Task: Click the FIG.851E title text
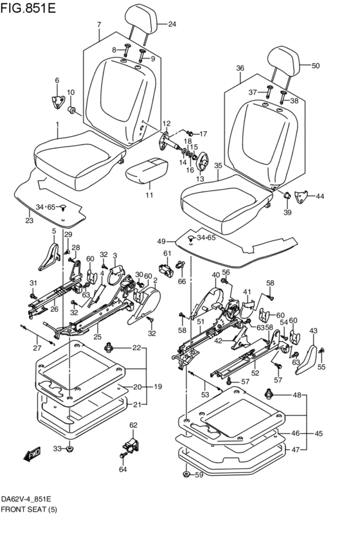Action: [28, 8]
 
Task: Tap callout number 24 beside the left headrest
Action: [172, 24]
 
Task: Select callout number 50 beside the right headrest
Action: [316, 66]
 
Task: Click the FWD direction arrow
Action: [32, 454]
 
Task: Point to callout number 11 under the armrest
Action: [149, 195]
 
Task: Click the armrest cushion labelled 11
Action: [147, 170]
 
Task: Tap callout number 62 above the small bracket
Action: [133, 425]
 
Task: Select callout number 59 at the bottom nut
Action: [199, 475]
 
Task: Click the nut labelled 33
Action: [70, 448]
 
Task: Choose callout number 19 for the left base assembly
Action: [157, 386]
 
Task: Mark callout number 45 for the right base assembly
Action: [318, 434]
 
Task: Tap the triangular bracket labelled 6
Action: [56, 101]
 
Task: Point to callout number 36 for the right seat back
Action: [240, 68]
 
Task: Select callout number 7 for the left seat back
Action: [99, 24]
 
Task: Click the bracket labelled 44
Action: [301, 197]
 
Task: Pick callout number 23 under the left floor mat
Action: [30, 220]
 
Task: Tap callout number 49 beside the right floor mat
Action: [161, 242]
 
